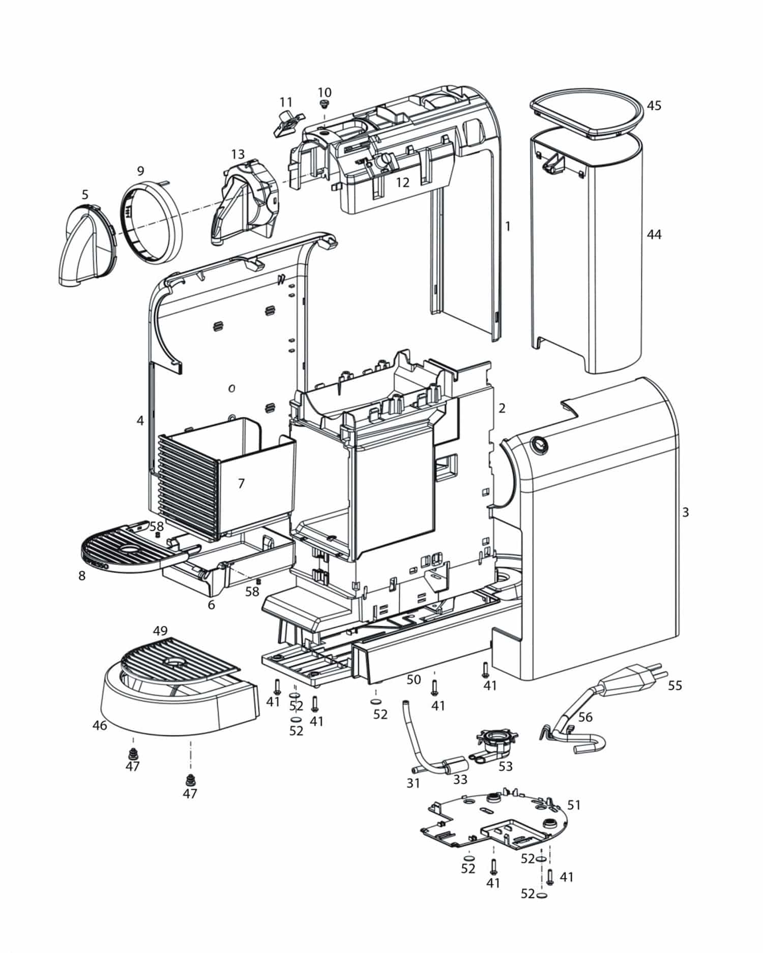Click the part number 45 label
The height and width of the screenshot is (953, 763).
click(654, 106)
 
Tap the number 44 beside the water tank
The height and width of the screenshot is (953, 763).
click(654, 234)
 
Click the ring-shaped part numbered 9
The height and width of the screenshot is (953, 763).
click(151, 222)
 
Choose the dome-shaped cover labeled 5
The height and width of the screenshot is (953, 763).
click(85, 244)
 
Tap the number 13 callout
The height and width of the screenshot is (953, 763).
click(238, 154)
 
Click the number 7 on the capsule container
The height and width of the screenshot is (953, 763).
click(242, 483)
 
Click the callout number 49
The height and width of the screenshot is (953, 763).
click(160, 631)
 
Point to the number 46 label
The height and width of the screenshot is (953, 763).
click(100, 725)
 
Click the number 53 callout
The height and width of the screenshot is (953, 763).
click(505, 766)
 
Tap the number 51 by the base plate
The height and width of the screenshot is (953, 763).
click(574, 805)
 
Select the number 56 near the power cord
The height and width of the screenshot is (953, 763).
click(585, 717)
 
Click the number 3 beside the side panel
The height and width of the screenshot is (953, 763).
click(685, 512)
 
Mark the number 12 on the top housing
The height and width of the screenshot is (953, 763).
click(402, 183)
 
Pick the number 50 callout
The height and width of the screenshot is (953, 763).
click(414, 680)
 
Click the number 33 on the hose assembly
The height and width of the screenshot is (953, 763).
click(460, 779)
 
